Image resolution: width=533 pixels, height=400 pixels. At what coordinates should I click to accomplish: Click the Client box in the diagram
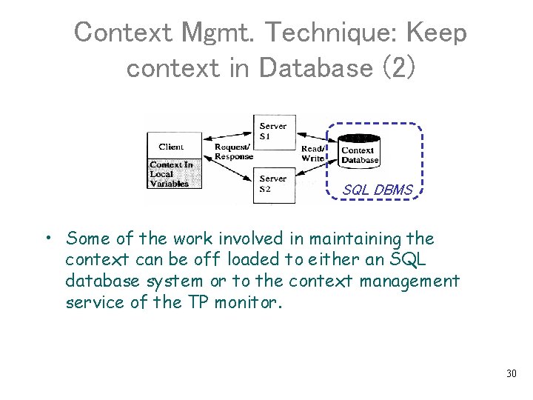click(171, 146)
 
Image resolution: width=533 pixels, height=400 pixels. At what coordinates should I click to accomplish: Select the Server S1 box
click(274, 132)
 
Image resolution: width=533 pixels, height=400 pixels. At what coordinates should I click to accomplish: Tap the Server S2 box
click(274, 184)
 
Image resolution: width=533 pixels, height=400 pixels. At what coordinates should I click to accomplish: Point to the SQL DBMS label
click(378, 190)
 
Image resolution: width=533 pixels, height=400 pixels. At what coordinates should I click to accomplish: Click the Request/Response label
click(233, 152)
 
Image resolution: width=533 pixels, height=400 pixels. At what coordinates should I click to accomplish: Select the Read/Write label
click(312, 153)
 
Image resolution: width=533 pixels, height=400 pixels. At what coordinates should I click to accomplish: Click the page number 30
click(511, 373)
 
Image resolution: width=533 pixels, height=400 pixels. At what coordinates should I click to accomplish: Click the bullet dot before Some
click(47, 239)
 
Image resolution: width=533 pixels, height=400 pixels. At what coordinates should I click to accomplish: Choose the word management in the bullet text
click(411, 281)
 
